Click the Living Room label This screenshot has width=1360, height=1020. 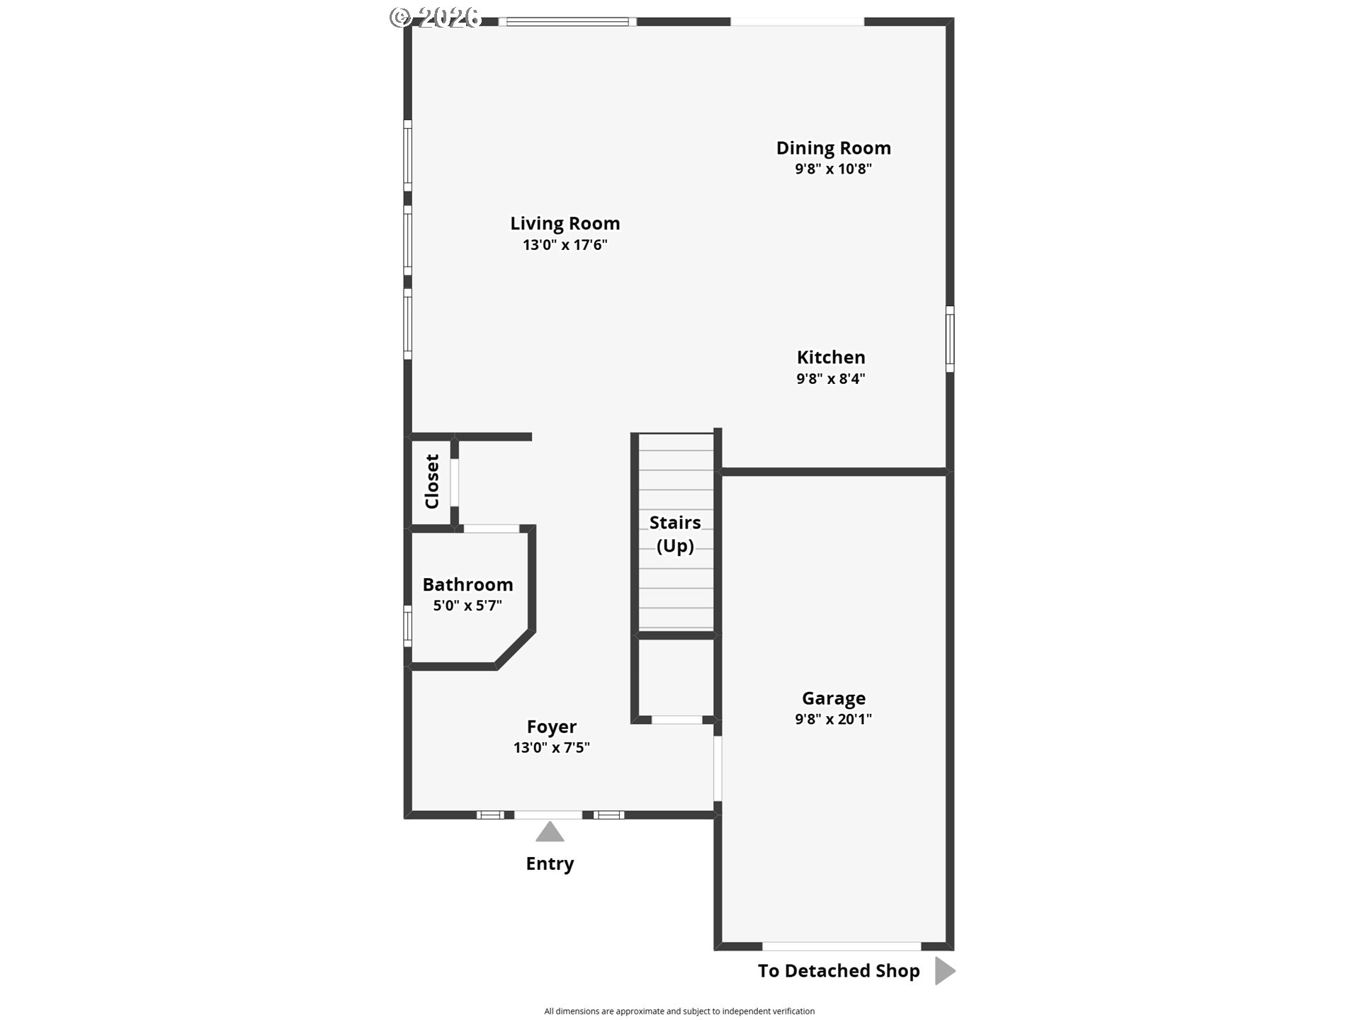(x=565, y=224)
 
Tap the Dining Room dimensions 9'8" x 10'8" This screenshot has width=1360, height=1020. (x=833, y=169)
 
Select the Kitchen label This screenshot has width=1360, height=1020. (x=831, y=357)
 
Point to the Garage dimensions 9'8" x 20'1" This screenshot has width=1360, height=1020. (x=833, y=719)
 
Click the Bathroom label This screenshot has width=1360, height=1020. (x=467, y=584)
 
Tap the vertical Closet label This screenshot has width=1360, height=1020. (x=432, y=482)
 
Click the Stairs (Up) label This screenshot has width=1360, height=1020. (x=675, y=534)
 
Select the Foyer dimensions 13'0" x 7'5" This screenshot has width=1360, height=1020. (x=552, y=747)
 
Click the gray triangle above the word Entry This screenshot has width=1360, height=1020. (x=550, y=832)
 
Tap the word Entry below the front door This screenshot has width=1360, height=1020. (x=550, y=863)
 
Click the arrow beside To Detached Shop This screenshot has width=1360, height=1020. (x=945, y=970)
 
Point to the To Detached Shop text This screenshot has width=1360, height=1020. (x=839, y=970)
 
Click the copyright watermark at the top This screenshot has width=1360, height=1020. (x=436, y=17)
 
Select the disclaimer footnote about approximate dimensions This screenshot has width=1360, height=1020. (x=679, y=1011)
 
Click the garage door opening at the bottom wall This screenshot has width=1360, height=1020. (x=841, y=946)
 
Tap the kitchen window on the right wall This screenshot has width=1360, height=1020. (x=950, y=339)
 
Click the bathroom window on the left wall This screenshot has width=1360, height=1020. (x=407, y=626)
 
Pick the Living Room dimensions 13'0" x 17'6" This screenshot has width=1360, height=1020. (x=565, y=245)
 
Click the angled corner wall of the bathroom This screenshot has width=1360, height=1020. (x=515, y=648)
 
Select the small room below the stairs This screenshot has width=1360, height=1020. (x=676, y=677)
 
